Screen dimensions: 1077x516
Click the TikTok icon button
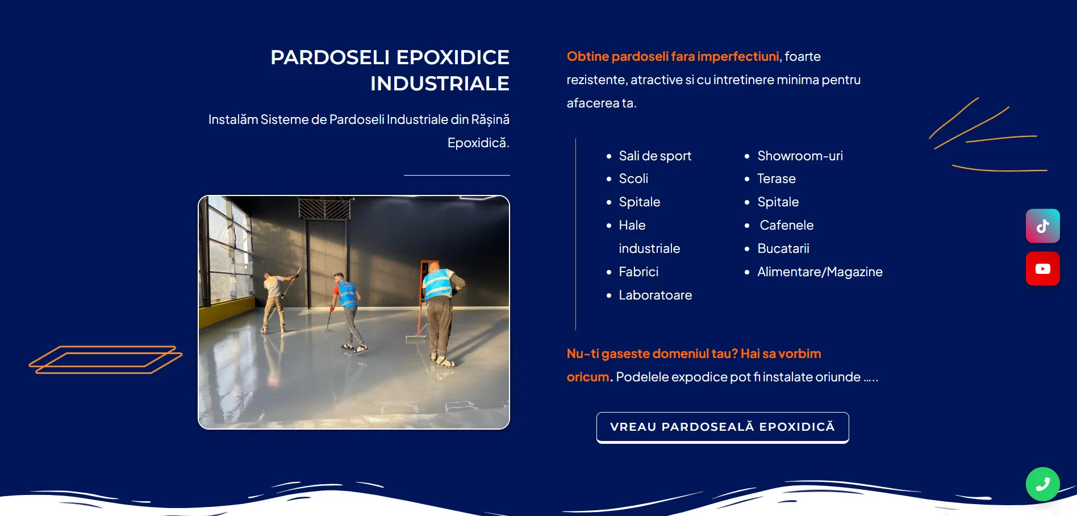(x=1042, y=226)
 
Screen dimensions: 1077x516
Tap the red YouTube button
(x=1042, y=269)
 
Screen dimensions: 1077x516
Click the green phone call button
(x=1042, y=484)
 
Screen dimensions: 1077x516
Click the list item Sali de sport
(x=655, y=156)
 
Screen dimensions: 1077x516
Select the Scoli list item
(x=633, y=178)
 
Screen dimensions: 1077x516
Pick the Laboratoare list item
(x=656, y=295)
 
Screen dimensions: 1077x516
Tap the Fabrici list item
(x=638, y=272)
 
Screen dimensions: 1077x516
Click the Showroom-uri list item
(x=800, y=156)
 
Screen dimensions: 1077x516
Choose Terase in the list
(x=777, y=178)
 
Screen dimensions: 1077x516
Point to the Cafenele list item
(x=787, y=225)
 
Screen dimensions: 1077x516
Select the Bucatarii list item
(x=783, y=248)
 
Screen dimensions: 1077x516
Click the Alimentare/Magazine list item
(x=820, y=272)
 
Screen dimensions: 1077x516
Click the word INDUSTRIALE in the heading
(x=440, y=84)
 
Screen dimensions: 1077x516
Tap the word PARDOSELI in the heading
(x=330, y=57)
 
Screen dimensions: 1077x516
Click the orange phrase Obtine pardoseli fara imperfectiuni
(x=673, y=56)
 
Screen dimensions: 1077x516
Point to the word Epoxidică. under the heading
(x=478, y=143)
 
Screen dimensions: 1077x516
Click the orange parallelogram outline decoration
(x=106, y=359)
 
